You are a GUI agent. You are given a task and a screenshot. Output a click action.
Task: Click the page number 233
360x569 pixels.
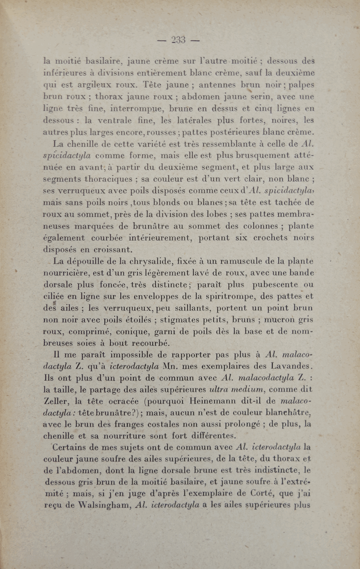pyautogui.click(x=178, y=40)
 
